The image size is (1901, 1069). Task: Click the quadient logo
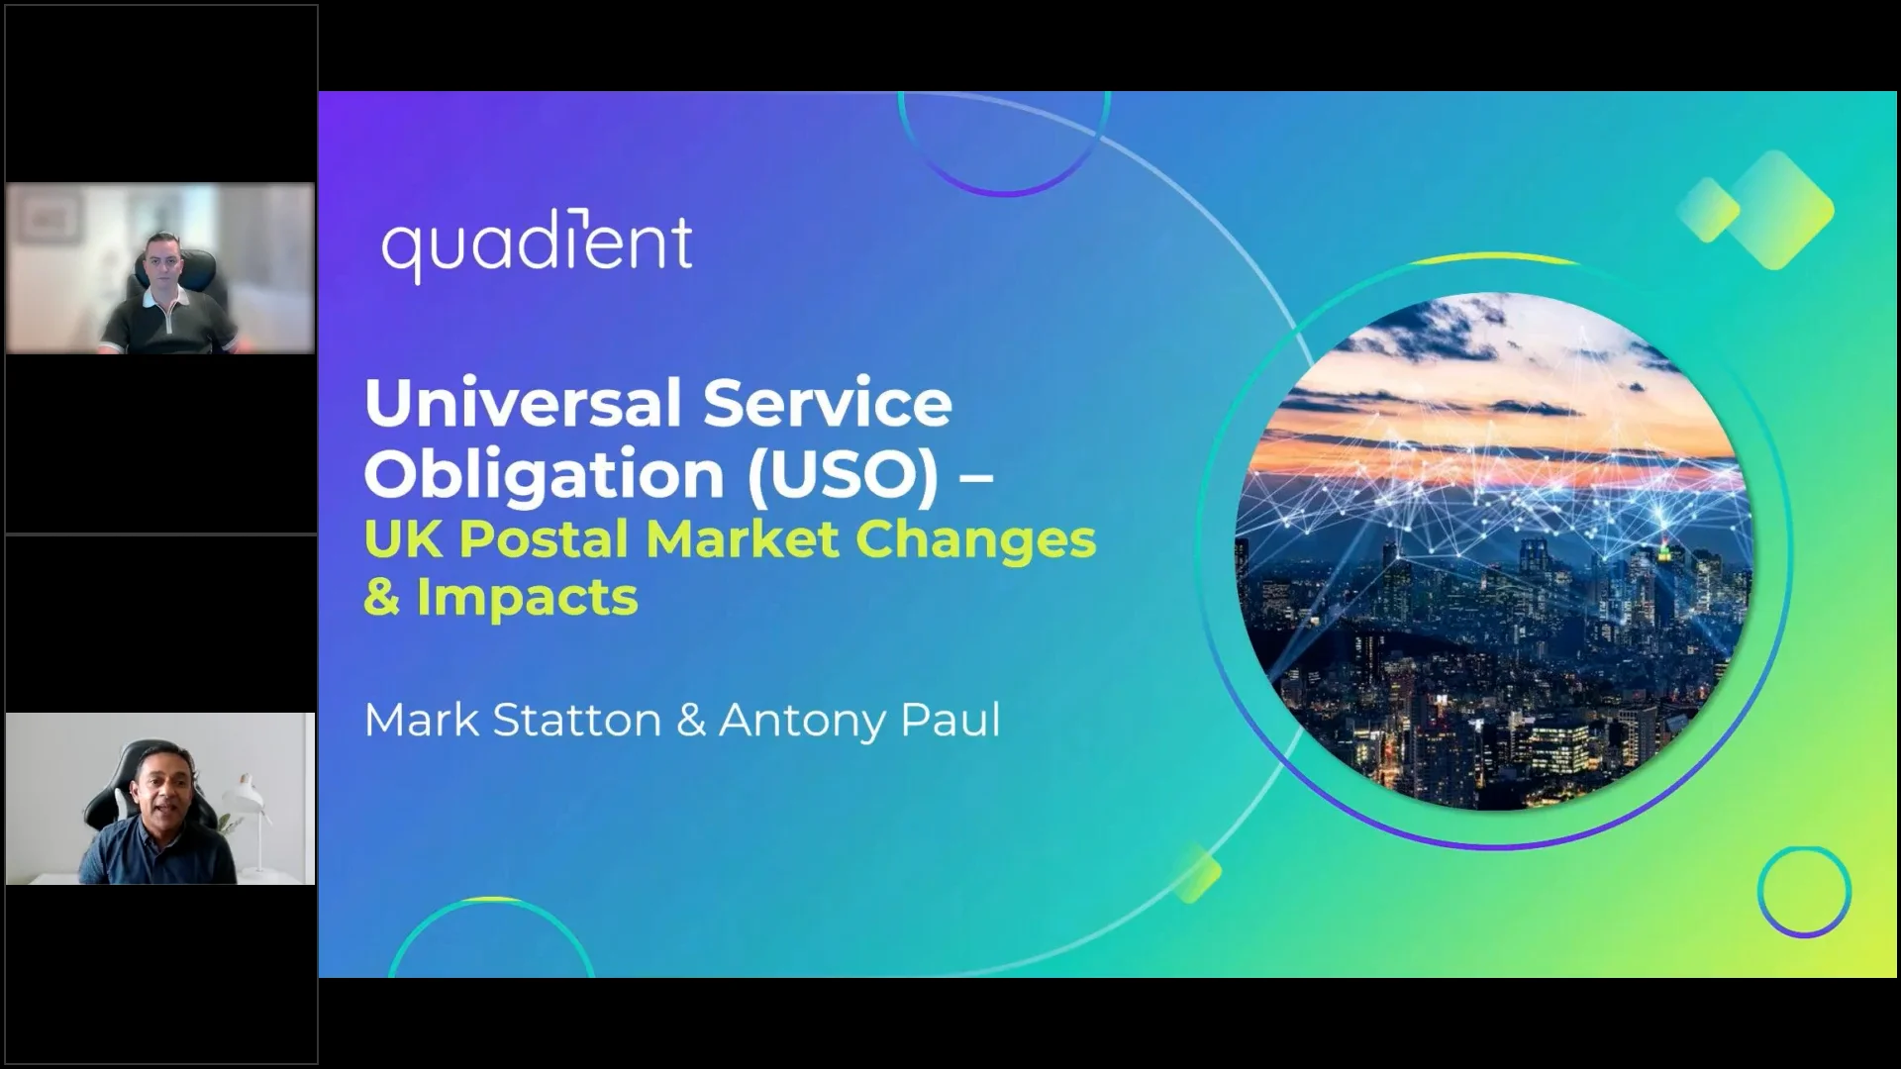pos(538,247)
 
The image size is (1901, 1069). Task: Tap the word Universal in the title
pos(523,403)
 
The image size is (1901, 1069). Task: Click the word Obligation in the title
pos(545,475)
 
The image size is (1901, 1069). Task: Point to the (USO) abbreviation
pos(842,473)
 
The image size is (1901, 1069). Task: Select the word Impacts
pos(527,598)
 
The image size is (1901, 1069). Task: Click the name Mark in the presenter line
pos(422,720)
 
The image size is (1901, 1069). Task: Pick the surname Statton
pos(576,720)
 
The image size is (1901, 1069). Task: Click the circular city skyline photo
pos(1493,551)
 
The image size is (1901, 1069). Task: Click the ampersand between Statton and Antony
pos(690,721)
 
